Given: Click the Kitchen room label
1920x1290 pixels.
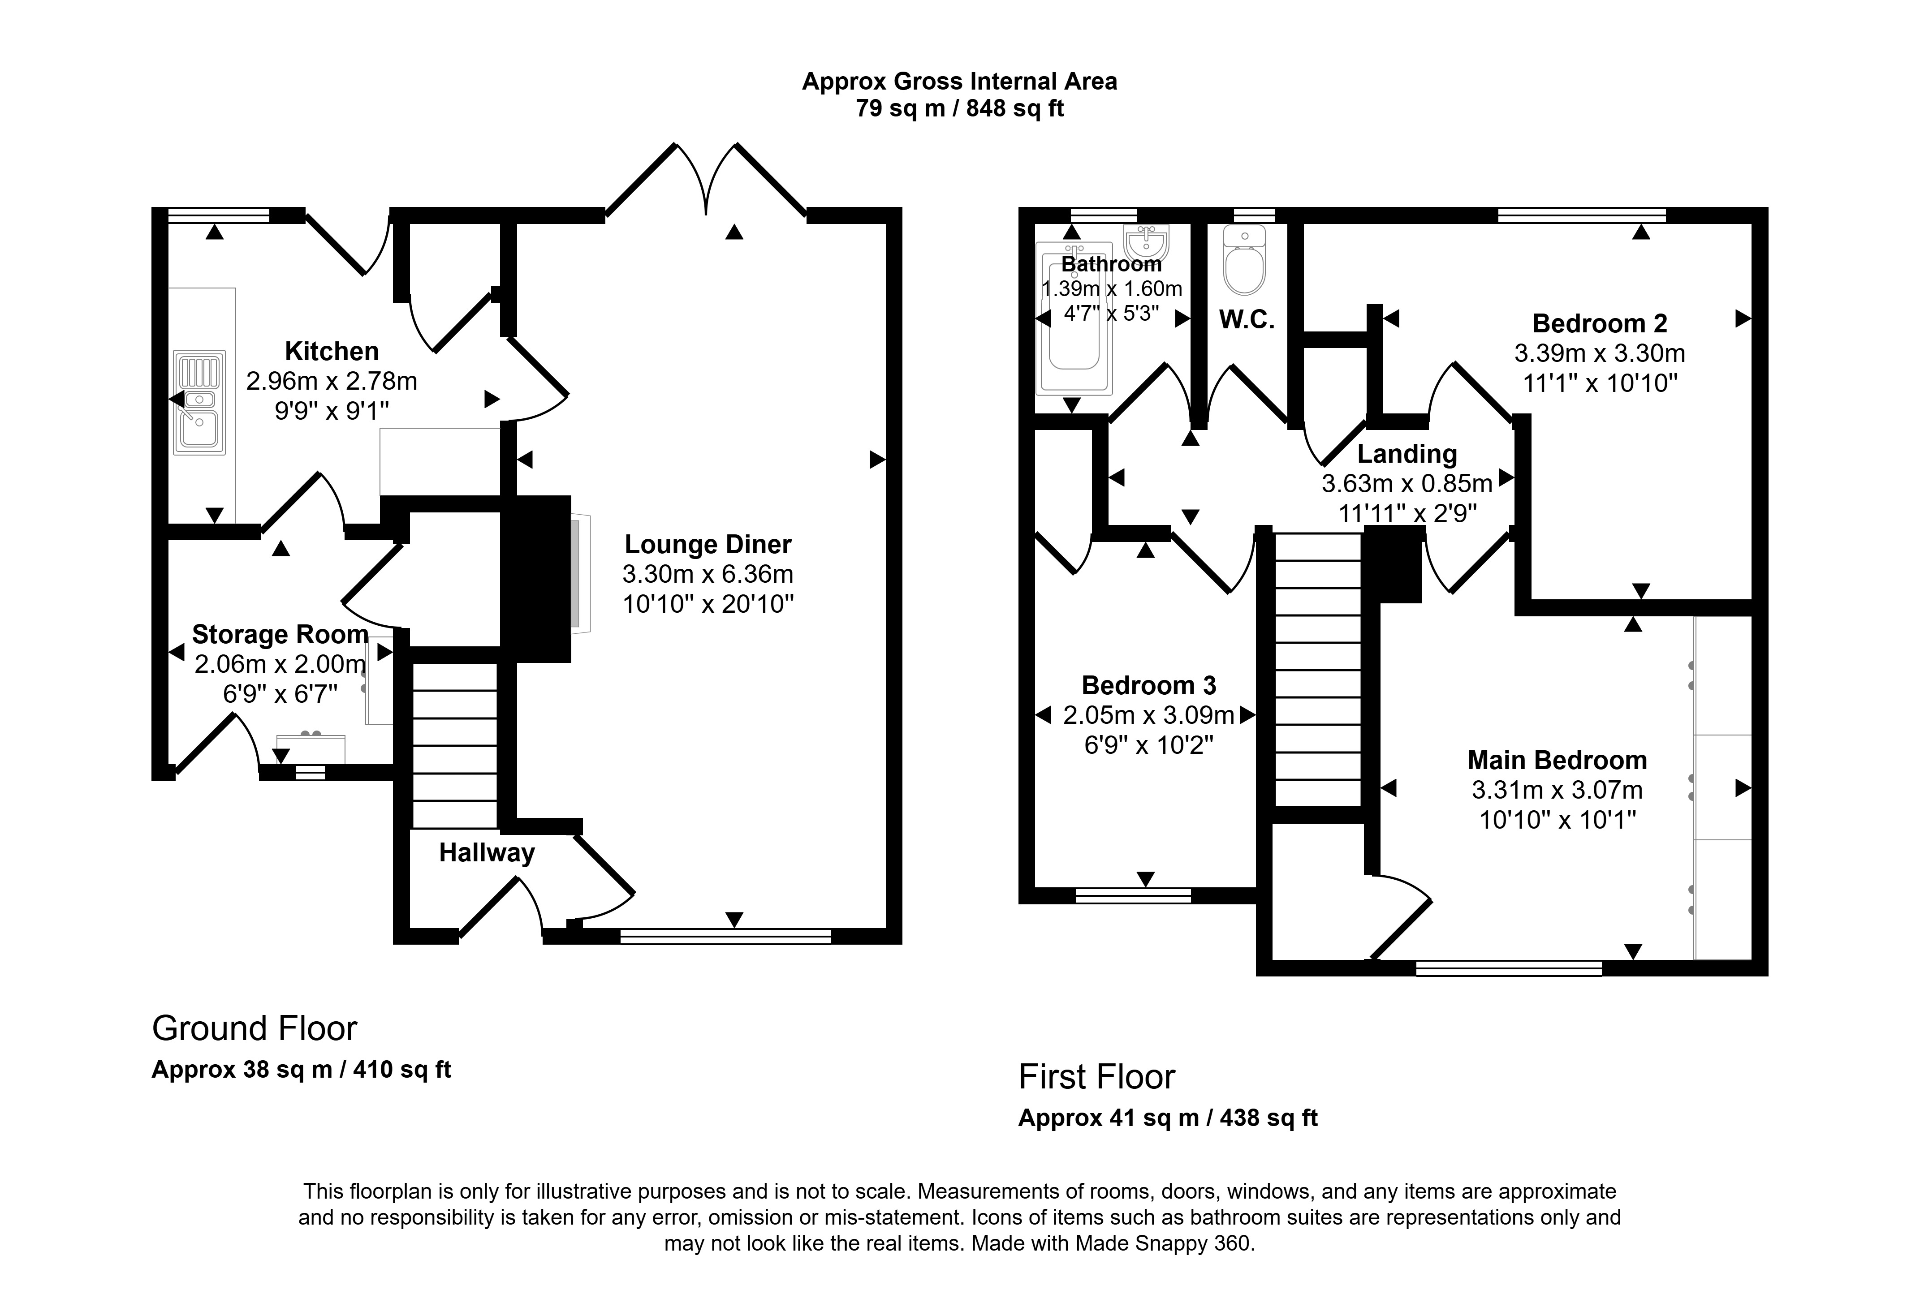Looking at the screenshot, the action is click(332, 351).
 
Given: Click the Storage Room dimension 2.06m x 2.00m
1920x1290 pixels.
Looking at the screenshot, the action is click(280, 664).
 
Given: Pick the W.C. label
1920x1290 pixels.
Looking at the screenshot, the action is click(1247, 320).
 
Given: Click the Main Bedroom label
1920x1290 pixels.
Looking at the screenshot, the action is click(1557, 760).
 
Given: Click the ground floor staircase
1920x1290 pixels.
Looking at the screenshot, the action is click(454, 745).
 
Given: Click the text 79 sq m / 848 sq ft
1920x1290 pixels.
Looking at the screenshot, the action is click(960, 108).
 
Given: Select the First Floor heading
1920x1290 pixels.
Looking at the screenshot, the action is click(1097, 1077).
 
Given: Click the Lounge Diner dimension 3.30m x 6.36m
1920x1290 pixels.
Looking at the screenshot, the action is click(708, 574).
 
